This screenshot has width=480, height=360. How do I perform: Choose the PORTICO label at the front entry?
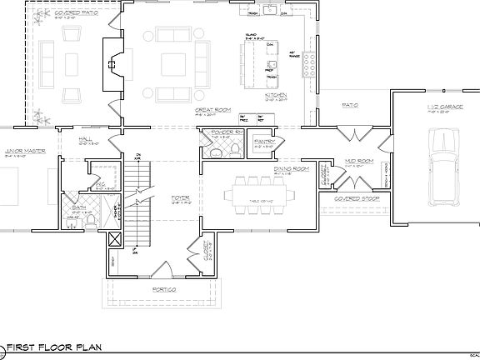click(x=163, y=289)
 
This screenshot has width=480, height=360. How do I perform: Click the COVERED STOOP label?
click(x=352, y=200)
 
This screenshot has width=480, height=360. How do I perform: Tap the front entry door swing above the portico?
click(x=163, y=268)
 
